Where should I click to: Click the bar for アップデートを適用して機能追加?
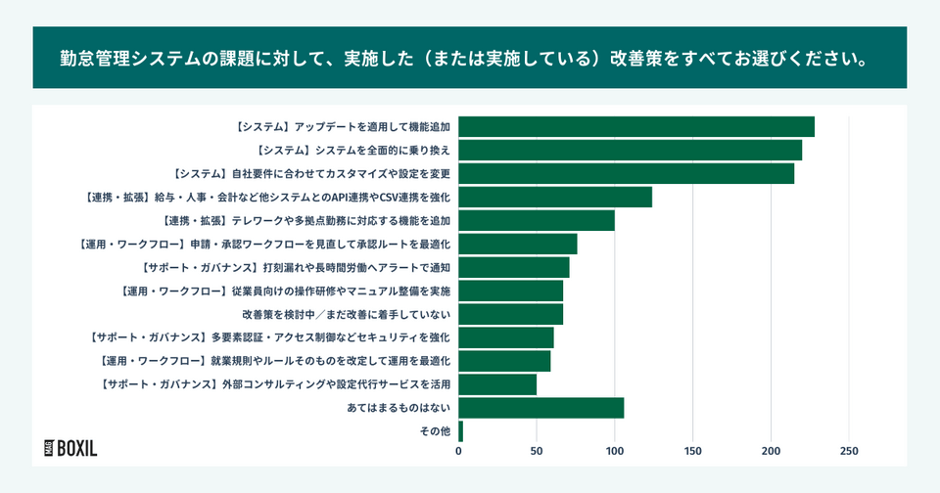coord(636,126)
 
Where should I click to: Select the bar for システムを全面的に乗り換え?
coord(630,150)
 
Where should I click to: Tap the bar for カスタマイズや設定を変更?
coord(626,173)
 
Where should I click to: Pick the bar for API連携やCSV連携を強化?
coord(555,197)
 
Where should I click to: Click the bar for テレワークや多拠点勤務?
coord(537,220)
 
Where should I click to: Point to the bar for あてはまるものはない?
coord(540,408)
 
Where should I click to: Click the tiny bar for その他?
coord(460,431)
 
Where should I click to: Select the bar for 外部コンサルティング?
coord(497,384)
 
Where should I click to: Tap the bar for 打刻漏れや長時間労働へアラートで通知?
coord(513,267)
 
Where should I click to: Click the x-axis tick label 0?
coord(458,452)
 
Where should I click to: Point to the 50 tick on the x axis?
coord(537,452)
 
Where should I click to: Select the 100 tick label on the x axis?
coord(615,452)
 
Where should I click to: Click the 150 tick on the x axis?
coord(692,452)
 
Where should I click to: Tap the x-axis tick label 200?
coord(771,452)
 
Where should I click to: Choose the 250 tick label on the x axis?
coord(849,452)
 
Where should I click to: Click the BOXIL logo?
coord(70,448)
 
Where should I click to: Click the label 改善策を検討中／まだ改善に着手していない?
coord(346,314)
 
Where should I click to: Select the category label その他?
coord(434,431)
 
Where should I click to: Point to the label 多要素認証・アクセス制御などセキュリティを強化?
coord(269,337)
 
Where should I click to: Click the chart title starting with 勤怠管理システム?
coord(469,58)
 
